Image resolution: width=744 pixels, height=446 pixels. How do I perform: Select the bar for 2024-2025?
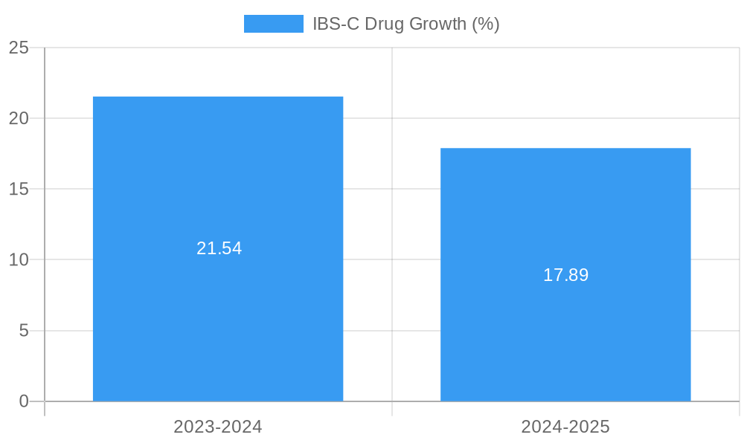pyautogui.click(x=565, y=334)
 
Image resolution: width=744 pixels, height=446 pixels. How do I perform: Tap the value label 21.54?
pyautogui.click(x=219, y=248)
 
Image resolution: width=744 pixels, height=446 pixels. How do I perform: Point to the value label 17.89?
pyautogui.click(x=565, y=275)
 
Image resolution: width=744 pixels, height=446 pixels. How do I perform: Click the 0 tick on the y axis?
pyautogui.click(x=24, y=401)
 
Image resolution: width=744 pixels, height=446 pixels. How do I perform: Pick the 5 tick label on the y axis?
pyautogui.click(x=24, y=331)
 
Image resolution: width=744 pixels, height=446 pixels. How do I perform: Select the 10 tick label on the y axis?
pyautogui.click(x=19, y=260)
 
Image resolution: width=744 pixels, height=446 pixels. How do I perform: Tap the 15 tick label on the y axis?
pyautogui.click(x=19, y=189)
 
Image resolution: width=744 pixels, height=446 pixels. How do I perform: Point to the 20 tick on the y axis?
pyautogui.click(x=19, y=118)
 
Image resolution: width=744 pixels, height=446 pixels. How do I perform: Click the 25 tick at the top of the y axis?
pyautogui.click(x=19, y=48)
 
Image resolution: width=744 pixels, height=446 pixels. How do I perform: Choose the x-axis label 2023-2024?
pyautogui.click(x=218, y=427)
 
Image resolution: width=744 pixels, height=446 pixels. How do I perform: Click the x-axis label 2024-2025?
pyautogui.click(x=565, y=427)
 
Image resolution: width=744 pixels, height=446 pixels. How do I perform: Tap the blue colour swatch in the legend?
pyautogui.click(x=274, y=24)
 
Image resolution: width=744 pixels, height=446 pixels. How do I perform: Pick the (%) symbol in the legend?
pyautogui.click(x=486, y=24)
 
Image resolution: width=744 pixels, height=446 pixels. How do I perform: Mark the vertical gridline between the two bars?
pyautogui.click(x=392, y=223)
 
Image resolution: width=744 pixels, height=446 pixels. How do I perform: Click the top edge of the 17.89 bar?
pyautogui.click(x=565, y=149)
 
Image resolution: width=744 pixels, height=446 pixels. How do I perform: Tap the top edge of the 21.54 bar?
pyautogui.click(x=218, y=97)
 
